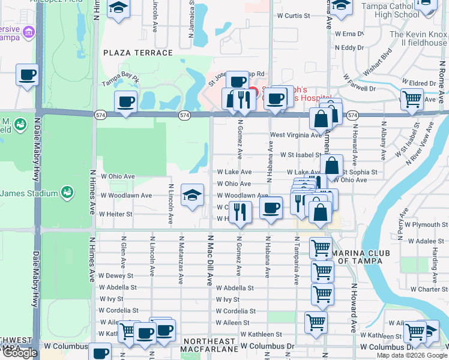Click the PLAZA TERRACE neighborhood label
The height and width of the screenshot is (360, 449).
pos(138,53)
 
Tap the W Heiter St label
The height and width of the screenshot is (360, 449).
pos(115,214)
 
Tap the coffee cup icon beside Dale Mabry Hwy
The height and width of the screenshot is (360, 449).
pos(27,75)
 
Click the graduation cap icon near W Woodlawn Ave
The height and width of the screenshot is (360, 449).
pos(192,196)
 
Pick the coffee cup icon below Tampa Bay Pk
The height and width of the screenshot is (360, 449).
pos(125,101)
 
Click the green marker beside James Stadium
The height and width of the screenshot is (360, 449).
pos(67,193)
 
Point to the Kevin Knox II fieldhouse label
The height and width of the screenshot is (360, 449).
pos(420,39)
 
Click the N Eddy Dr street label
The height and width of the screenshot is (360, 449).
pos(349,47)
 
